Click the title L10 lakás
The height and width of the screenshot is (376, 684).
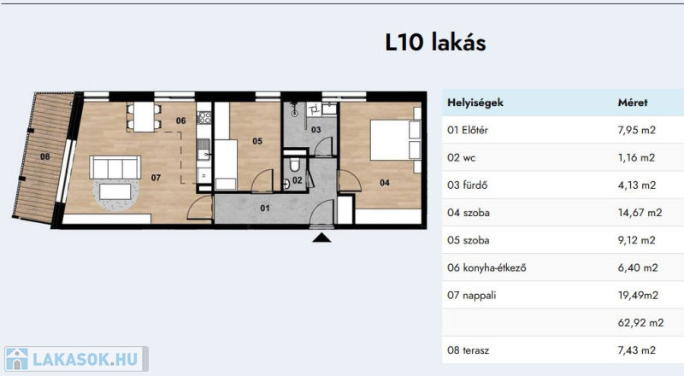pyautogui.click(x=435, y=43)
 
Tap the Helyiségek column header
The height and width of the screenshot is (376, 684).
pyautogui.click(x=475, y=103)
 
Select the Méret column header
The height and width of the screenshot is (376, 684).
pyautogui.click(x=633, y=103)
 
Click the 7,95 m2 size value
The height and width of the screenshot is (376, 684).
pyautogui.click(x=636, y=130)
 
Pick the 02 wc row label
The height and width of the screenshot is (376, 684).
pyautogui.click(x=461, y=157)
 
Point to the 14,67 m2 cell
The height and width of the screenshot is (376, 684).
pyautogui.click(x=640, y=213)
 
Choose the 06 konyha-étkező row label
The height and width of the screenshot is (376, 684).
pyautogui.click(x=486, y=267)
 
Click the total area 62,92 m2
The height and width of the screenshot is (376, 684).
pyautogui.click(x=640, y=323)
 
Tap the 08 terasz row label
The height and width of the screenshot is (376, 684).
pyautogui.click(x=468, y=350)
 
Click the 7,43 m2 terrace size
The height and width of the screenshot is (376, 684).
pyautogui.click(x=636, y=350)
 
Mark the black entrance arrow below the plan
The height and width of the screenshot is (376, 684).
pyautogui.click(x=321, y=238)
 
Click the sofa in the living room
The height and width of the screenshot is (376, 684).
pyautogui.click(x=115, y=167)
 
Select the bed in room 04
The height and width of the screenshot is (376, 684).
pyautogui.click(x=395, y=140)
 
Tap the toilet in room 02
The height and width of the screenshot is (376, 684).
pyautogui.click(x=294, y=164)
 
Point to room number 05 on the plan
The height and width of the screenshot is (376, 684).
pyautogui.click(x=257, y=141)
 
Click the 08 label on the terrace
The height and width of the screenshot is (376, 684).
pyautogui.click(x=45, y=156)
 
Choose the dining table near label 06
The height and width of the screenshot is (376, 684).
pyautogui.click(x=144, y=116)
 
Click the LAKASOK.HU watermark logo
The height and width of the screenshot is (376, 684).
pyautogui.click(x=77, y=359)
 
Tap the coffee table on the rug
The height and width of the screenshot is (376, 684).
pyautogui.click(x=115, y=191)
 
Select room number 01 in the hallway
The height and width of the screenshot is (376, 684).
pyautogui.click(x=265, y=208)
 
